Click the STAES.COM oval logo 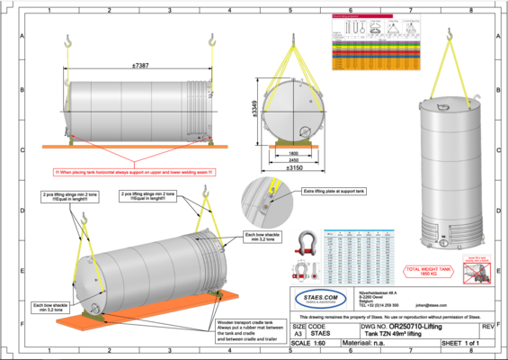click(321, 297)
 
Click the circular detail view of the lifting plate click(263, 201)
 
